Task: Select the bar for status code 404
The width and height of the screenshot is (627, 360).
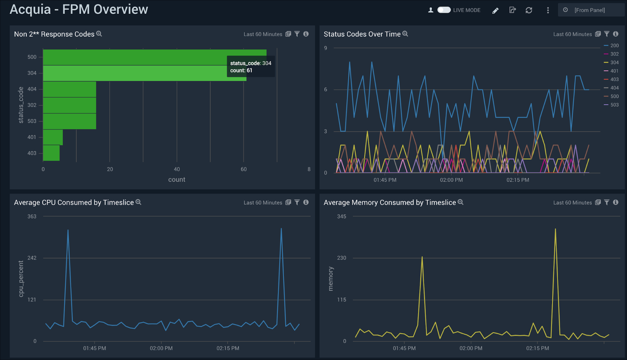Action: pyautogui.click(x=69, y=89)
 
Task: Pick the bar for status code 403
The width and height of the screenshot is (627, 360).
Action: pyautogui.click(x=51, y=153)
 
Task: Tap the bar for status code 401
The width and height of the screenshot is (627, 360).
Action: pyautogui.click(x=53, y=137)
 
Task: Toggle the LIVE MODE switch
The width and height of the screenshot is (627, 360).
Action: pyautogui.click(x=444, y=10)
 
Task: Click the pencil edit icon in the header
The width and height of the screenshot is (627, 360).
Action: pyautogui.click(x=495, y=11)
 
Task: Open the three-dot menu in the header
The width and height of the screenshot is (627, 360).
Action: pyautogui.click(x=548, y=10)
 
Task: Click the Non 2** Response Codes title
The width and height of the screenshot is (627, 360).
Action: pyautogui.click(x=54, y=34)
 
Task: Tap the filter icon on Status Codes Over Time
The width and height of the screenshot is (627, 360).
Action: pyautogui.click(x=607, y=34)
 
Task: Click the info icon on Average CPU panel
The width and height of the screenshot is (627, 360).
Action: pyautogui.click(x=306, y=202)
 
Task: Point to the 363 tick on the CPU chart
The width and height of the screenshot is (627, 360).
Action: pyautogui.click(x=32, y=217)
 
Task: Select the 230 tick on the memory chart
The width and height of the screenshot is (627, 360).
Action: pyautogui.click(x=342, y=258)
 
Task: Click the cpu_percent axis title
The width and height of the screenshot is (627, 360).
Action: pyautogui.click(x=21, y=279)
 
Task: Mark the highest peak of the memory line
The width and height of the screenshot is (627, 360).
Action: pyautogui.click(x=555, y=229)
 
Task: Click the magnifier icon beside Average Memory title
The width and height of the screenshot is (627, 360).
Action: pyautogui.click(x=460, y=202)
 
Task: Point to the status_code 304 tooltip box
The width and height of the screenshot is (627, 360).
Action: pyautogui.click(x=251, y=67)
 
